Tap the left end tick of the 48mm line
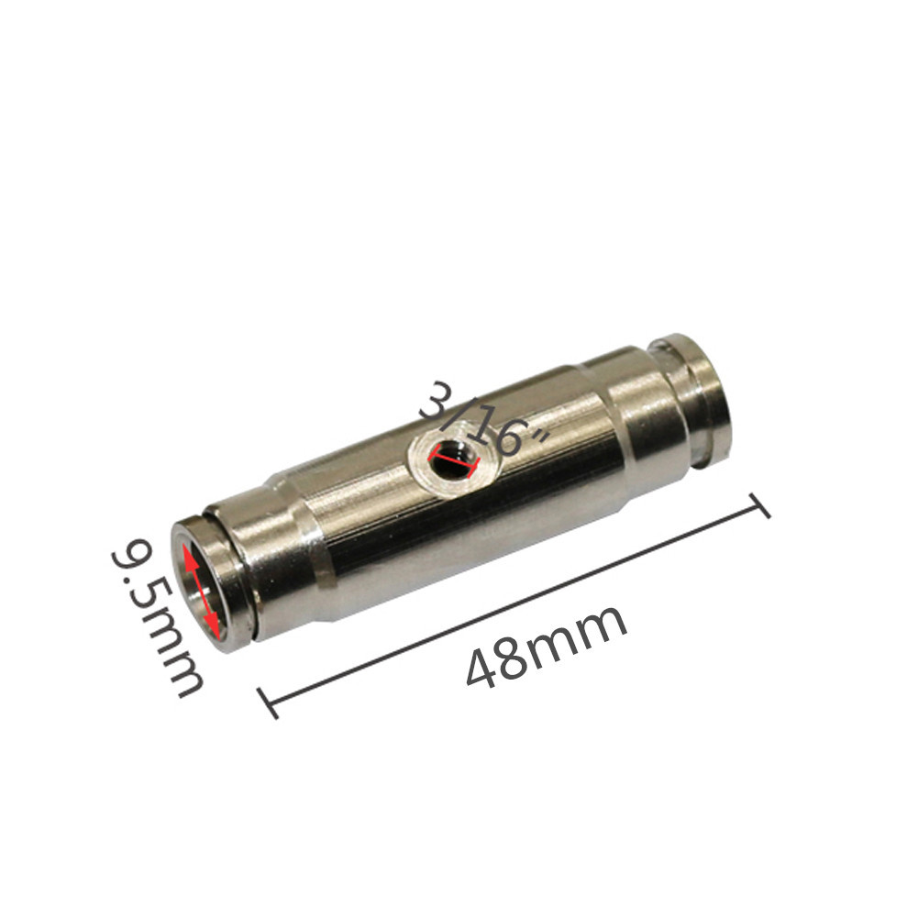268,702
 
